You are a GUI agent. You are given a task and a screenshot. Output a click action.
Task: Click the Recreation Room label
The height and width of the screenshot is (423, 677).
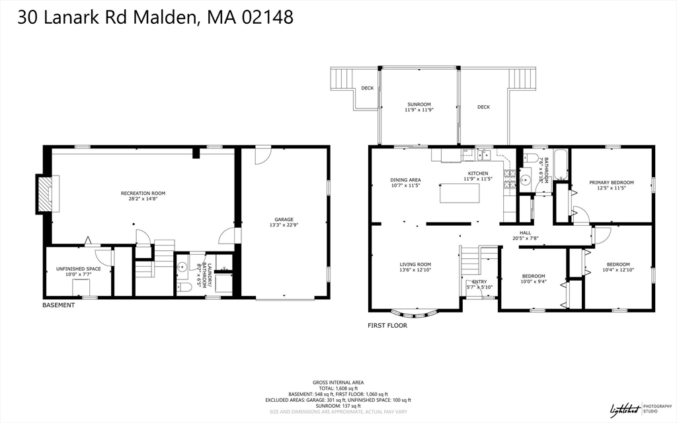click(x=143, y=193)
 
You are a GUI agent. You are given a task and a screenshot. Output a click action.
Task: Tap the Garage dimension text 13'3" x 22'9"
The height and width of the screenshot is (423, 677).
click(x=284, y=225)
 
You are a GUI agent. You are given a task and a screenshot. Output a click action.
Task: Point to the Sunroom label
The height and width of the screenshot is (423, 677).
click(x=418, y=104)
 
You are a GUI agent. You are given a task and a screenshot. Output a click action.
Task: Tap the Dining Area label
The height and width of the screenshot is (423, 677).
click(x=405, y=180)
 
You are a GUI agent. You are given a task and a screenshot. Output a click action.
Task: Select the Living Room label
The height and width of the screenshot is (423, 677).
click(x=415, y=265)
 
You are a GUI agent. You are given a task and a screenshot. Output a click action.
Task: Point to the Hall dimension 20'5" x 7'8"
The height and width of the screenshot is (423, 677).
click(x=526, y=238)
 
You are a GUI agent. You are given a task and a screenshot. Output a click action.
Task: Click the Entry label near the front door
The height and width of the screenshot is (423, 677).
click(x=479, y=281)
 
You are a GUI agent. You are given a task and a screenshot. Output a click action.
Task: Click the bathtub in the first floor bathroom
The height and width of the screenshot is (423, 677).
click(x=561, y=165)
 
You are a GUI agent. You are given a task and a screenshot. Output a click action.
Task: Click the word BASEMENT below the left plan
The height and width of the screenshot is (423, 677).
click(x=58, y=305)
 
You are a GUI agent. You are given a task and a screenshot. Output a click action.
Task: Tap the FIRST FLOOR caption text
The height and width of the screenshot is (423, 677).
click(x=387, y=325)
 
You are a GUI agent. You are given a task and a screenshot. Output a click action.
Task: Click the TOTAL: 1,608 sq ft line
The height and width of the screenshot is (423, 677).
click(x=338, y=388)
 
